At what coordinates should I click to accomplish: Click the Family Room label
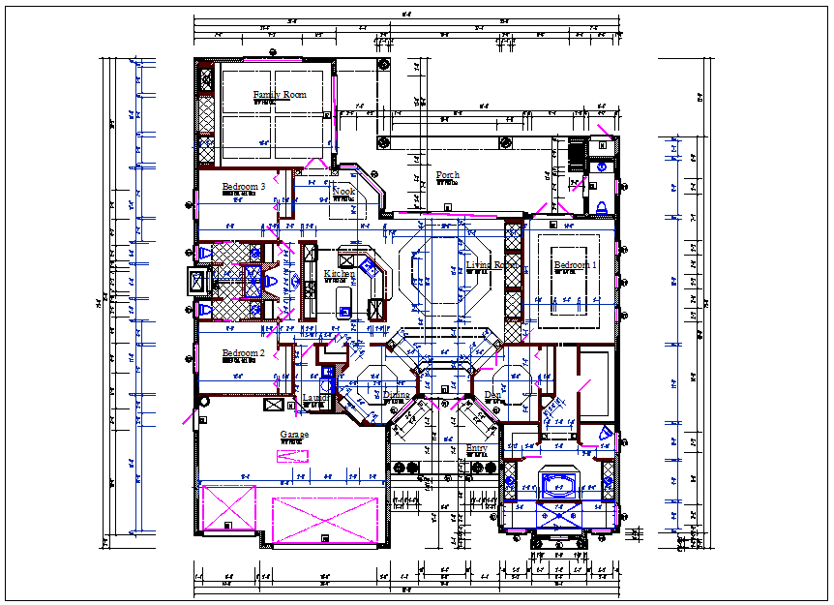280,94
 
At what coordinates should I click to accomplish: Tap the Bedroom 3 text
243,186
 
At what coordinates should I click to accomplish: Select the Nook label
343,192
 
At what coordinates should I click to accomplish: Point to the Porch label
447,175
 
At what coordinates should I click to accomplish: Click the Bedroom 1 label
575,265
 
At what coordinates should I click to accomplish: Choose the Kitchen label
339,274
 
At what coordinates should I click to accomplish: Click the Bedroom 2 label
243,353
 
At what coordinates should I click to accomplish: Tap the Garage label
294,435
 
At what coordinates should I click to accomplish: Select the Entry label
477,448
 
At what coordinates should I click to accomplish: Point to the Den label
492,395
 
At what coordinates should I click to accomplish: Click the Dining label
396,395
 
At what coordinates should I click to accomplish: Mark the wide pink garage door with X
324,520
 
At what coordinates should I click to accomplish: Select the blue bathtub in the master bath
559,483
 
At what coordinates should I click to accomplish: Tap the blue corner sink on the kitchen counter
369,264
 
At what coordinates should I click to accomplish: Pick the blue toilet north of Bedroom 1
600,205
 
